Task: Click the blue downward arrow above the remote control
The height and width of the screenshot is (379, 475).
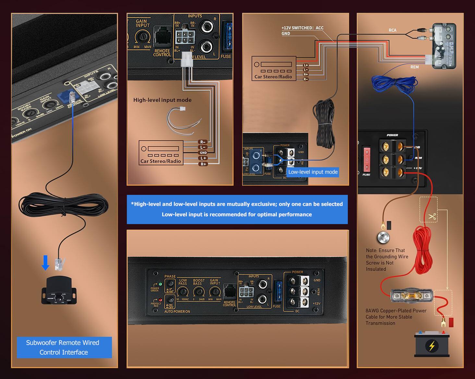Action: tap(45, 262)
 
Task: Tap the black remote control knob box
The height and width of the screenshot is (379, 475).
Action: tap(59, 290)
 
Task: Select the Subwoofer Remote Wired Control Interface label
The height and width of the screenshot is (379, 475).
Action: tap(64, 347)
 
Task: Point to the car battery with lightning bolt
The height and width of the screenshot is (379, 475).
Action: tap(432, 344)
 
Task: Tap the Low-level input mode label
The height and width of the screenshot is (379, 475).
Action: tap(312, 172)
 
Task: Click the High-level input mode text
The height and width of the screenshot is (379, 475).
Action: tap(162, 100)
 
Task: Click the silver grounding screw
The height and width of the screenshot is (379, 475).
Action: tap(383, 238)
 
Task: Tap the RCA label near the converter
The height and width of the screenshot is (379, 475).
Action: tap(392, 30)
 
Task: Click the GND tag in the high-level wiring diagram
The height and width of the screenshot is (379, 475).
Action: tap(203, 153)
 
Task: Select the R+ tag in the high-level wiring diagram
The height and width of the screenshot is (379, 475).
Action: tap(203, 164)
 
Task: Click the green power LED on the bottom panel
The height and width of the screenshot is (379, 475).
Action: tap(160, 284)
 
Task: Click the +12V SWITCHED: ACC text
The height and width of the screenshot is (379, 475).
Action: tap(302, 28)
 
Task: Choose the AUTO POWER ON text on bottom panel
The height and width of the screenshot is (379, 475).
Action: tap(177, 311)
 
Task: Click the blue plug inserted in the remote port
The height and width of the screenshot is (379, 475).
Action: tap(65, 96)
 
